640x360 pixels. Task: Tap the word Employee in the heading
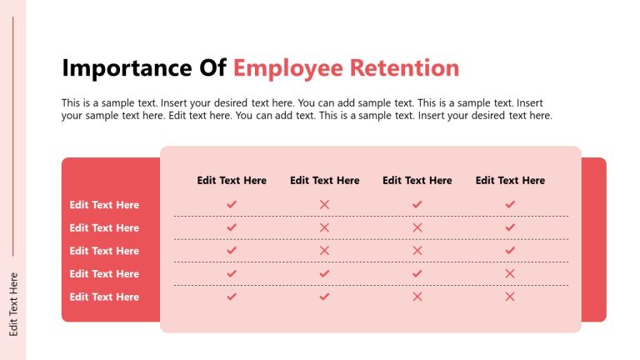coord(287,68)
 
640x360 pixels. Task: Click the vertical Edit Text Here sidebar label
coord(13,304)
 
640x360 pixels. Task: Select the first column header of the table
coord(232,180)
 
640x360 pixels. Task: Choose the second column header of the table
coord(325,180)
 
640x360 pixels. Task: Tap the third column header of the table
coord(417,180)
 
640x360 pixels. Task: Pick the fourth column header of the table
coord(510,180)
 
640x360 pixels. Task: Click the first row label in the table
coord(104,205)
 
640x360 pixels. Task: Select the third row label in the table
coord(104,251)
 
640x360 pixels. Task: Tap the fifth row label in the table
coord(104,297)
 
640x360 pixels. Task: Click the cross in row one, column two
coord(325,204)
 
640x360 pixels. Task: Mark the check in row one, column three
coord(417,204)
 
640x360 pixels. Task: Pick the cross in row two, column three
coord(417,227)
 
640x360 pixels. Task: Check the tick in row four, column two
coord(325,273)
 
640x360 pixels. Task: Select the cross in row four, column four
coord(510,273)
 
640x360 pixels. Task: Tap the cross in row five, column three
coord(417,296)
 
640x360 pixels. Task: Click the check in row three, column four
coord(510,250)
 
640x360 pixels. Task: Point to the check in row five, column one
coord(232,296)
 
